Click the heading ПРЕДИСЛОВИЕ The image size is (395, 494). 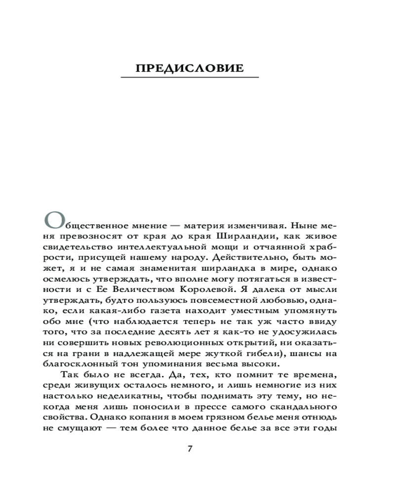tap(190, 68)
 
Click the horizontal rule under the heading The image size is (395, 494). tap(190, 78)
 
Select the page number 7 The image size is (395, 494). tap(190, 449)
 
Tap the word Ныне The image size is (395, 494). tap(301, 225)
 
